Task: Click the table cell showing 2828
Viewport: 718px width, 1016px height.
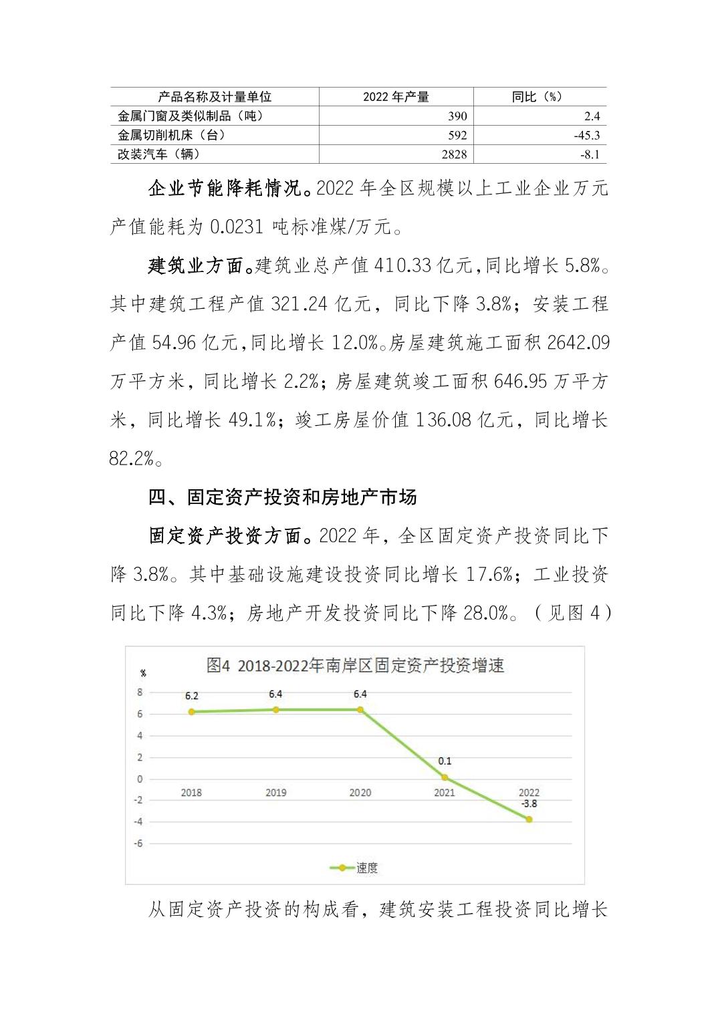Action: coord(454,154)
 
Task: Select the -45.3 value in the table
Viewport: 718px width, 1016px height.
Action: coord(586,135)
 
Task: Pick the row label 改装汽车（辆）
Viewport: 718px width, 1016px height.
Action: coord(159,154)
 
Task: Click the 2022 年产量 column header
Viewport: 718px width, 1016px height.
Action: coord(396,97)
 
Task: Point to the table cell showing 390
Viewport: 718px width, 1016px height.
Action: coord(457,116)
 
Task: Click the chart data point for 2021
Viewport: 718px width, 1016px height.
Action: coord(445,778)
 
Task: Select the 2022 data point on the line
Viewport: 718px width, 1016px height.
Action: coord(529,819)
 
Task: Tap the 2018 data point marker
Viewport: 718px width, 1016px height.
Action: coord(191,712)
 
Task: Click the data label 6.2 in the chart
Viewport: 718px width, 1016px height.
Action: coord(191,696)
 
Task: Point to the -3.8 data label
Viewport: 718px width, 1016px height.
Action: coord(529,804)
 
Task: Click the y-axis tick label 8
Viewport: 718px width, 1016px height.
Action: coord(140,692)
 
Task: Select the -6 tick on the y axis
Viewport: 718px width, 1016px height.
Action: coord(138,844)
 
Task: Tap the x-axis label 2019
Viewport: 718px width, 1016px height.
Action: coord(275,793)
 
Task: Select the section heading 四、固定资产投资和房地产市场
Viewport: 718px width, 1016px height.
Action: coord(283,497)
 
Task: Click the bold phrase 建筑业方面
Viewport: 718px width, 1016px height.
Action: coord(195,266)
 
